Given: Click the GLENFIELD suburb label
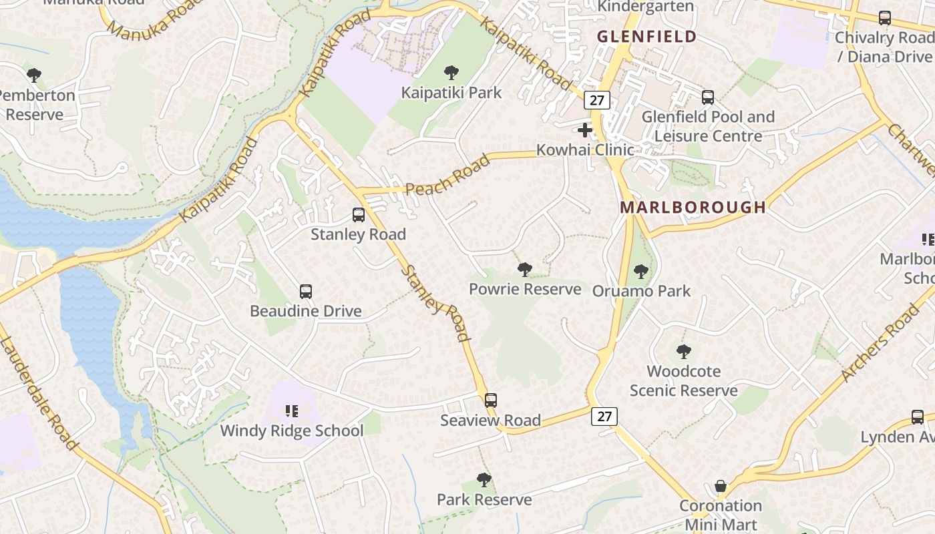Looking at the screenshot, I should click(x=646, y=37).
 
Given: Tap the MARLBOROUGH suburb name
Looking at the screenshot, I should click(x=693, y=207).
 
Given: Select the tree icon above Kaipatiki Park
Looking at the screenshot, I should click(x=451, y=72).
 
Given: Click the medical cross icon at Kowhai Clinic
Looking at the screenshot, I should click(x=585, y=129).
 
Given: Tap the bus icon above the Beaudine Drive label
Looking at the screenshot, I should click(x=306, y=292).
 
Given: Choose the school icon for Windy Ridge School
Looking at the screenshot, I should click(x=292, y=411).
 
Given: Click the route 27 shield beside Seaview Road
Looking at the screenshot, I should click(x=604, y=417).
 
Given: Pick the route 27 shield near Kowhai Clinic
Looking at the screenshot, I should click(x=596, y=100).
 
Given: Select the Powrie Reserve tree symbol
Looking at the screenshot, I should click(x=525, y=269).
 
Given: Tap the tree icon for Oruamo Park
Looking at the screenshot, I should click(x=641, y=271).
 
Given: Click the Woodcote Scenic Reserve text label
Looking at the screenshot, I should click(x=684, y=380).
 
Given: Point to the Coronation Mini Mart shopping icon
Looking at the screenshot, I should click(x=721, y=486).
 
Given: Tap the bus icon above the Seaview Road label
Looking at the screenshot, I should click(x=491, y=400).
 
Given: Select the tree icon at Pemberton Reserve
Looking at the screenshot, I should click(x=34, y=75).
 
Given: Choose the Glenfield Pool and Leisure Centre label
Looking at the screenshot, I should click(x=708, y=126).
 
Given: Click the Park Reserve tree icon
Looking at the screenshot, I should click(x=484, y=479).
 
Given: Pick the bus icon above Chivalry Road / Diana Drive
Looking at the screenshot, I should click(x=885, y=18).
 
